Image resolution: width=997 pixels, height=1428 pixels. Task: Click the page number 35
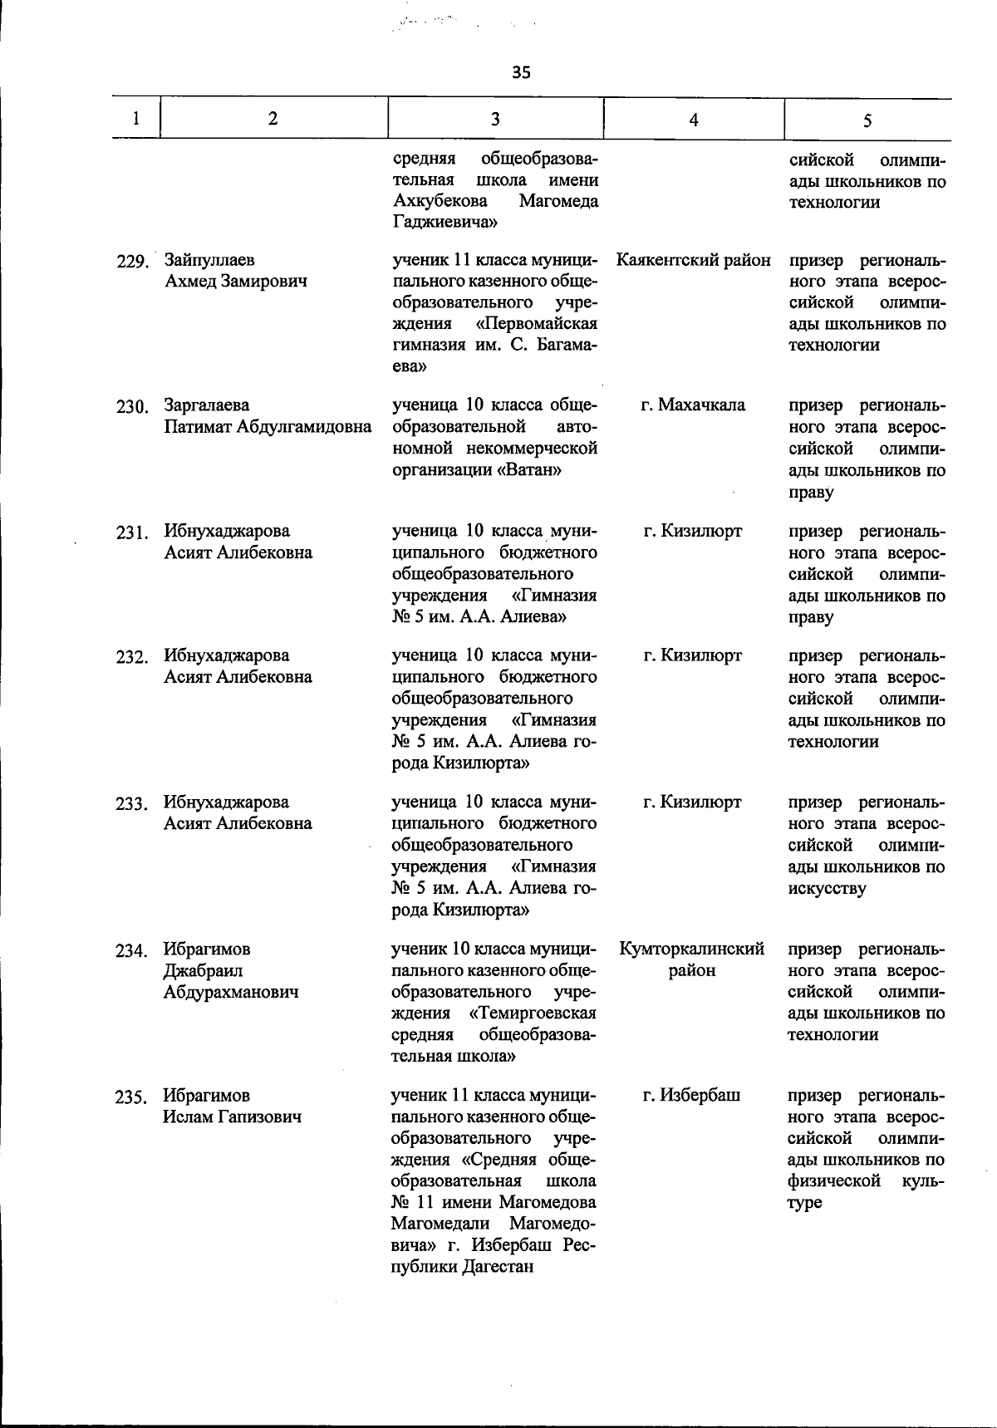(521, 72)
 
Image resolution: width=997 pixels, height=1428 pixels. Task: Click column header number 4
(694, 120)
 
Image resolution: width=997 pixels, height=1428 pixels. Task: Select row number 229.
(131, 262)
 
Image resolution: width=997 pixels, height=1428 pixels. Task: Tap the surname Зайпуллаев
(209, 260)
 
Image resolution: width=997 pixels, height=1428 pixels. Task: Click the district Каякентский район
(694, 260)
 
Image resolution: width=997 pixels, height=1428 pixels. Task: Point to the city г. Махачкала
(694, 405)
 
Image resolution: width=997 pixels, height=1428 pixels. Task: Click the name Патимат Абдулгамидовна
(268, 427)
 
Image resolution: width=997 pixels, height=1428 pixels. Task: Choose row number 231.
(131, 532)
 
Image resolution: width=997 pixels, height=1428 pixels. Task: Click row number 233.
(131, 804)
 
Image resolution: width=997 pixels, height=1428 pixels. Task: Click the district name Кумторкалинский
(692, 949)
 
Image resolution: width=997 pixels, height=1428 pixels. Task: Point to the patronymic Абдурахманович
(230, 992)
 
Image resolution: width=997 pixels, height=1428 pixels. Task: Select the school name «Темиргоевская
(533, 1013)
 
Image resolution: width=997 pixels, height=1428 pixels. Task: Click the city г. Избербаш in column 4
(692, 1095)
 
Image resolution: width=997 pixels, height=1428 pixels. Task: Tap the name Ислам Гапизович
(232, 1116)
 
